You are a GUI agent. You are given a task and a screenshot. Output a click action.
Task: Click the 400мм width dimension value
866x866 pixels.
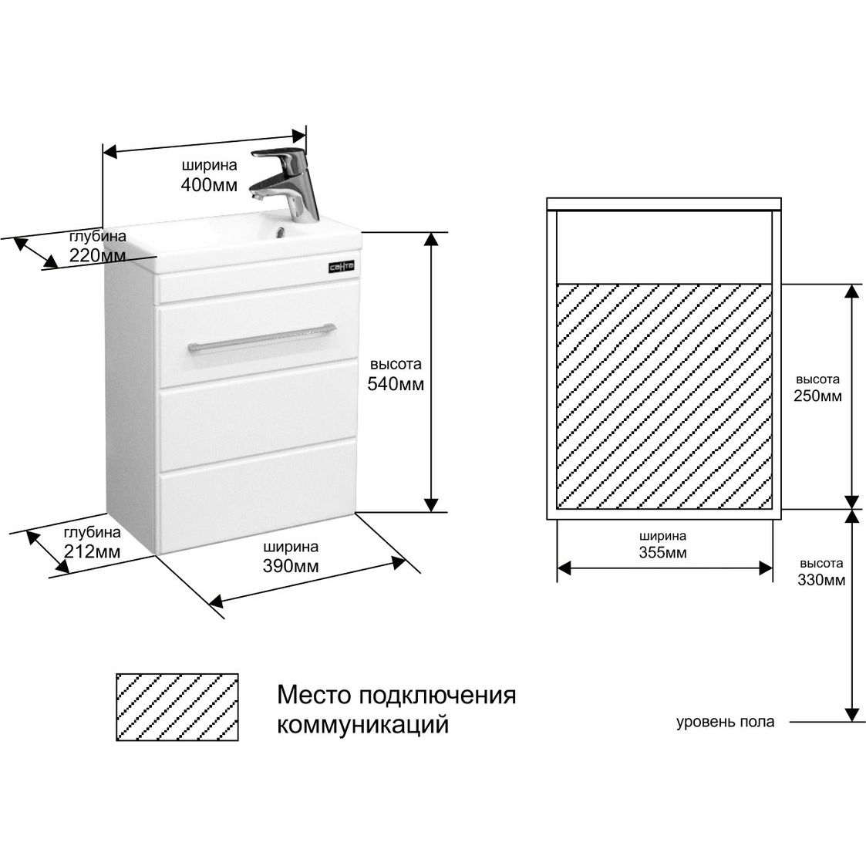(x=209, y=184)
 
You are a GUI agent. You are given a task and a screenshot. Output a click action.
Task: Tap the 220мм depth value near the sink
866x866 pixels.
(x=98, y=256)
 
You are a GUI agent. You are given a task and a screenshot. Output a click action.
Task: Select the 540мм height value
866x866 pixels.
(x=396, y=384)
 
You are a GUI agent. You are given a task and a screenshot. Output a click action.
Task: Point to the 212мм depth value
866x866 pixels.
(x=93, y=551)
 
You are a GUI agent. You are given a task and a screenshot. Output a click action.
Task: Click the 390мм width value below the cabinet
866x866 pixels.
(x=291, y=566)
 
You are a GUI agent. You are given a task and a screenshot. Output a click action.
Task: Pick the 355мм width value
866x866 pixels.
(x=662, y=552)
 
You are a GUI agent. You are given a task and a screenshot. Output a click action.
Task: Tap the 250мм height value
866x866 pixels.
(x=818, y=396)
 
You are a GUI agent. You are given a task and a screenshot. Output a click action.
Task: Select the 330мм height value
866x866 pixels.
(x=821, y=579)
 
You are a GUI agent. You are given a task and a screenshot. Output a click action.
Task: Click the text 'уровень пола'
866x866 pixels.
(x=725, y=722)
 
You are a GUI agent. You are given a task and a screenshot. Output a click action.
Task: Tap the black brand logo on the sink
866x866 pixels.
(x=342, y=268)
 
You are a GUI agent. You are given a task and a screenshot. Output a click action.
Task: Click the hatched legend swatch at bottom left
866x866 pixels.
(x=177, y=707)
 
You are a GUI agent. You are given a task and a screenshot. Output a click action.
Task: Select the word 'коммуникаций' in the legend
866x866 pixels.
(x=363, y=724)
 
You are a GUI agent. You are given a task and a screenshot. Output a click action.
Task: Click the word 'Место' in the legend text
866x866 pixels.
(x=314, y=695)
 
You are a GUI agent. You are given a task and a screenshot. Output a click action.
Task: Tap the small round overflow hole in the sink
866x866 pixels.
(x=279, y=234)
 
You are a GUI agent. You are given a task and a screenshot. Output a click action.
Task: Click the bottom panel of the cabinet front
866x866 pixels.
(x=258, y=495)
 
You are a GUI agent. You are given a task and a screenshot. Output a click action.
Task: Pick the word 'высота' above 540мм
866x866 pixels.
(x=396, y=365)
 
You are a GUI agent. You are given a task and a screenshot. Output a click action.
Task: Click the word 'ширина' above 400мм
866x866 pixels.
(x=209, y=165)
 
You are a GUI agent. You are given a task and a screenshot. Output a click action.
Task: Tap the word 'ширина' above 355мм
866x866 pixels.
(x=662, y=536)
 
